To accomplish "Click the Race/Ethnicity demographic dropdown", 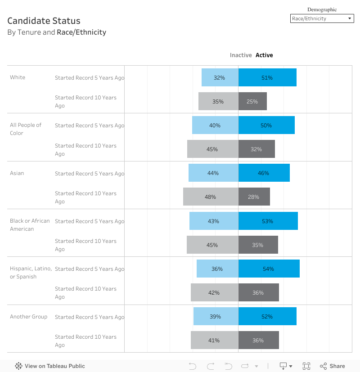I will point(322,19).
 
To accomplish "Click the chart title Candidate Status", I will point(44,21).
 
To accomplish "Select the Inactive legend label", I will point(241,55).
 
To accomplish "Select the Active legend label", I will point(264,55).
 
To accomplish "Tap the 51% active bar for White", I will point(267,77).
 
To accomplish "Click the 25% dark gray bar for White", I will point(252,101).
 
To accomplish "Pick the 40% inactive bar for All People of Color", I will point(215,125).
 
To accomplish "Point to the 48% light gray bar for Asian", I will point(211,197).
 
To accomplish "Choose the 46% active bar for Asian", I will point(264,173).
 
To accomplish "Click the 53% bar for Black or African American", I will point(268,221).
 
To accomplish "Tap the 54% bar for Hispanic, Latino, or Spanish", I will point(269,269).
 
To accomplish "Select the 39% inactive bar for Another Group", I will point(216,316).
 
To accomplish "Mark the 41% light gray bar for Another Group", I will point(214,340).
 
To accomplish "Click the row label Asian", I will point(17,173).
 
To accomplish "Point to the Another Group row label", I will point(29,317).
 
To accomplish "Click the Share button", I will point(333,366).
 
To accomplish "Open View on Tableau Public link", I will point(50,366).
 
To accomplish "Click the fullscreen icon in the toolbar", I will point(306,366).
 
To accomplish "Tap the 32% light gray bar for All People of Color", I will point(256,149).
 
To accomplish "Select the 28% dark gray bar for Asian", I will point(254,197).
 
